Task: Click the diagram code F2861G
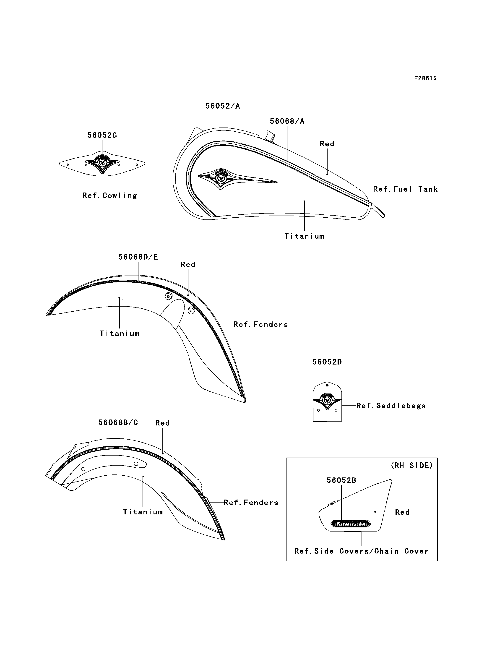point(425,78)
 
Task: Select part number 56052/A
point(222,106)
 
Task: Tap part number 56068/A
point(287,121)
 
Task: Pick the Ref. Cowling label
point(109,195)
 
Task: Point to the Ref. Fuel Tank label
point(405,189)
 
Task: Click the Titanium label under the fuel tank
point(304,236)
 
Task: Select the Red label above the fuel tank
point(327,144)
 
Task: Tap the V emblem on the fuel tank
point(221,178)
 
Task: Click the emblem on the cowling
point(102,163)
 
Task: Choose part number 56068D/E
point(138,257)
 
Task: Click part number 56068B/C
point(118,422)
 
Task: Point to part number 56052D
point(327,362)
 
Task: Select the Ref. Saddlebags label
point(391,406)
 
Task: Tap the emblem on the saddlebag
point(327,401)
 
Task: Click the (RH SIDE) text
point(411,465)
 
